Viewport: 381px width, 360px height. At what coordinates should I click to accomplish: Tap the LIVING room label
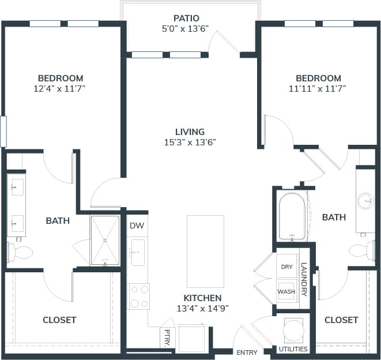(x=190, y=132)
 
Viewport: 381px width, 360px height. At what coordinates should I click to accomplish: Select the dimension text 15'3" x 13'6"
(x=190, y=142)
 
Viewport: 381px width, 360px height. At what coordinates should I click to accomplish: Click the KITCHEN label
(x=202, y=298)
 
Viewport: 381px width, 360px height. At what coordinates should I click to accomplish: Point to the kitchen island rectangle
(x=205, y=251)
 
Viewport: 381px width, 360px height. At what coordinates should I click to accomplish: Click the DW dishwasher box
(x=137, y=226)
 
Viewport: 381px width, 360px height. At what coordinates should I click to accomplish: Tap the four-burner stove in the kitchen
(x=138, y=296)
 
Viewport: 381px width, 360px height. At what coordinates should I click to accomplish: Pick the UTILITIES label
(x=293, y=349)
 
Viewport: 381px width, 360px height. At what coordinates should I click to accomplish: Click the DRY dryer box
(x=286, y=267)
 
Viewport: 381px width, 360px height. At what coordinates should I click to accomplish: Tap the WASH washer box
(x=286, y=291)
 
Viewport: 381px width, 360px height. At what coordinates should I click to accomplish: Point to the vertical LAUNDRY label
(x=304, y=280)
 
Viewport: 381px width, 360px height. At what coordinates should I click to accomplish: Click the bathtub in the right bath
(x=292, y=217)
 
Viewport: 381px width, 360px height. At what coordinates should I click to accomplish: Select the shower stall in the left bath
(x=104, y=239)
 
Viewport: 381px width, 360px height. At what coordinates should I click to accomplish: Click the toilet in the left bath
(x=20, y=252)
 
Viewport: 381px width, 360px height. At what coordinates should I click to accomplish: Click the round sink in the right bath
(x=365, y=201)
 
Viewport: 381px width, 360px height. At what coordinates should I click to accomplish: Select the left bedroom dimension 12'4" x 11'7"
(x=61, y=89)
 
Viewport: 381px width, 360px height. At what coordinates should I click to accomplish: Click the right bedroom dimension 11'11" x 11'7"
(x=318, y=89)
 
